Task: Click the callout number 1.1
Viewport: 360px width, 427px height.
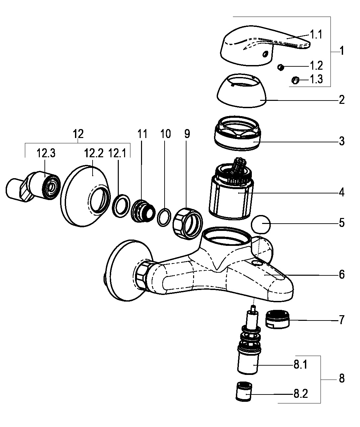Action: pyautogui.click(x=316, y=34)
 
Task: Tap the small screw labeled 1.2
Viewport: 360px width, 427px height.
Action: pyautogui.click(x=281, y=67)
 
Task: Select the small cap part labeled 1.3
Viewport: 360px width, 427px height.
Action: pyautogui.click(x=295, y=80)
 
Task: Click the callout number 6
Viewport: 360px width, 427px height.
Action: pyautogui.click(x=341, y=274)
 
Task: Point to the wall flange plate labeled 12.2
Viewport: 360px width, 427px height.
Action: pyautogui.click(x=83, y=196)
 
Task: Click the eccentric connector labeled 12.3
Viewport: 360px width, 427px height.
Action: pyautogui.click(x=33, y=186)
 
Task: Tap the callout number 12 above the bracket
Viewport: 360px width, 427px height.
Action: pyautogui.click(x=78, y=134)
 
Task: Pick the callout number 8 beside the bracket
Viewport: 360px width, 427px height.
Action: pyautogui.click(x=341, y=379)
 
